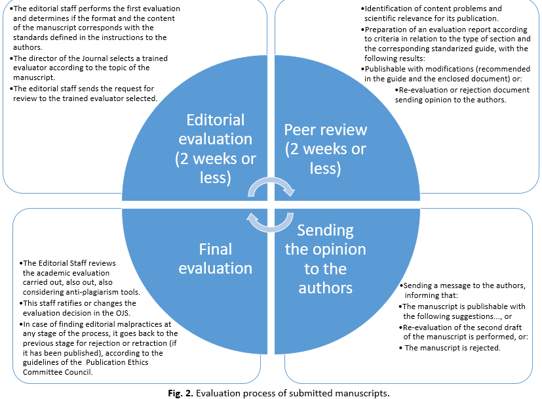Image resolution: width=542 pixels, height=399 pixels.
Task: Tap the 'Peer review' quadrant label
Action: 326,149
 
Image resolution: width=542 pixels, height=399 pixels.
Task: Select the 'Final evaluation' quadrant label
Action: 216,259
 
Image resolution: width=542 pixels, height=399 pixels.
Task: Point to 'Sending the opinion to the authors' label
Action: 326,259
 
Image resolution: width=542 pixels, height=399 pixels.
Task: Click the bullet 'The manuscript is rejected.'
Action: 452,347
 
